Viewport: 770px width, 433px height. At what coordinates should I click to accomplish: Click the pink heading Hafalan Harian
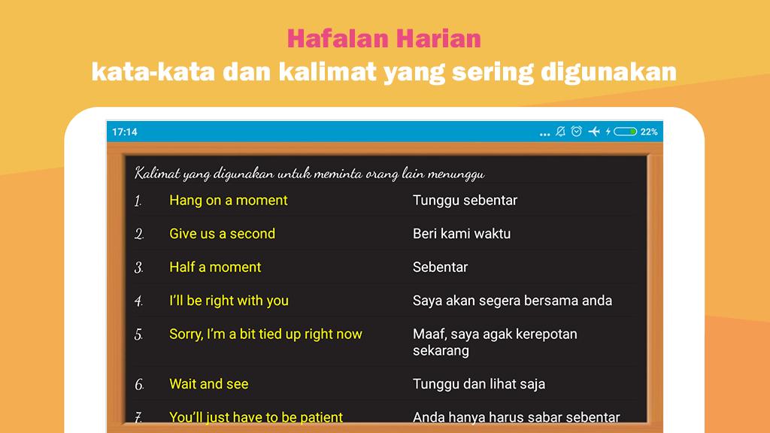384,39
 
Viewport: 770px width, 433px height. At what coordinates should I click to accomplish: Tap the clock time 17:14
125,132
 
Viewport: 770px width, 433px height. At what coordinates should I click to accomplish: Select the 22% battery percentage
649,132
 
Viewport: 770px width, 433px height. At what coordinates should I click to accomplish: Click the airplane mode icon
594,131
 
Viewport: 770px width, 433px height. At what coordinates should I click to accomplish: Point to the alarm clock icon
577,131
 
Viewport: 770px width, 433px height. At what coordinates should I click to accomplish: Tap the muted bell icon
560,131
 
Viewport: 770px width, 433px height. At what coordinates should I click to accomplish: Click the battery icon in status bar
625,132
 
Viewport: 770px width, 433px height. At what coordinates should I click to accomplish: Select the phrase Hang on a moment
229,200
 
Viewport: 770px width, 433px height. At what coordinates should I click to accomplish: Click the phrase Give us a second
222,234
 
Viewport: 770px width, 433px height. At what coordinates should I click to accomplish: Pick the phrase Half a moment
215,267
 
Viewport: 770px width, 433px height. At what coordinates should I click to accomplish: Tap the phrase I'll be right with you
229,301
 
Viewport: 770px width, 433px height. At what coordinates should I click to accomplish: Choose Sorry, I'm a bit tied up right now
265,335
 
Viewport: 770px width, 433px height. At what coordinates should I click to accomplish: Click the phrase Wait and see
209,384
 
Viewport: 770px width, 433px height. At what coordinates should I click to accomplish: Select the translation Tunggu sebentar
465,200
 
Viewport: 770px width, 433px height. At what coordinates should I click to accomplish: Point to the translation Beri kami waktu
462,234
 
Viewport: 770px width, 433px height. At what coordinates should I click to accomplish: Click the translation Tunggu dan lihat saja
479,384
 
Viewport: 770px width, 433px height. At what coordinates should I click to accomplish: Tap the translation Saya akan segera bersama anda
512,301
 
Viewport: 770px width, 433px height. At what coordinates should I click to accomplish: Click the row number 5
138,335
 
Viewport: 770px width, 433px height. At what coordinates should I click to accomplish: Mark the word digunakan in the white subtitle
609,73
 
